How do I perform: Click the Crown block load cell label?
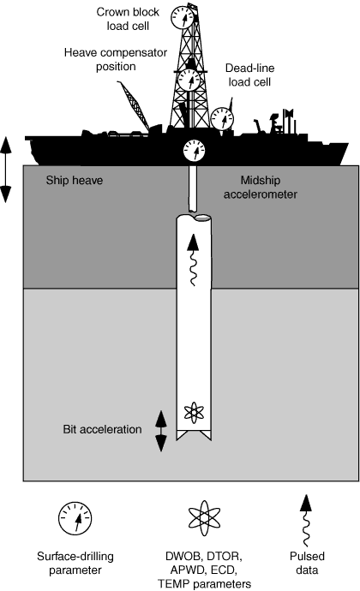tap(128, 19)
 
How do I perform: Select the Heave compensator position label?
tap(116, 59)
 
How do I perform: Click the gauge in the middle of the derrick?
tap(189, 80)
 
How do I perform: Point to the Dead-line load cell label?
tap(249, 75)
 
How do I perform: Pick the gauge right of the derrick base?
tap(222, 119)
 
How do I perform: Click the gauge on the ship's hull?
tap(195, 151)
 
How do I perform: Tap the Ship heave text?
tap(75, 180)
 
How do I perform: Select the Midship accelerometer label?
tap(261, 187)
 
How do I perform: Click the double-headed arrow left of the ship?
tap(6, 170)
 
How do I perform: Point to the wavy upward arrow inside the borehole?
tap(193, 260)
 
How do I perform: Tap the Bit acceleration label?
tap(102, 429)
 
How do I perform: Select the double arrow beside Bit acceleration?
tap(161, 431)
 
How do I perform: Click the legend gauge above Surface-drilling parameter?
tap(75, 518)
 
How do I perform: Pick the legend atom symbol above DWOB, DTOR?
tap(204, 518)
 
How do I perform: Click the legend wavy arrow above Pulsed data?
tap(306, 520)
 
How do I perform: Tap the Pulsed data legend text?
tap(307, 563)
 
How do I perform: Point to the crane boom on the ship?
tap(134, 104)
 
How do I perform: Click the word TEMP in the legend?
tap(174, 583)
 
